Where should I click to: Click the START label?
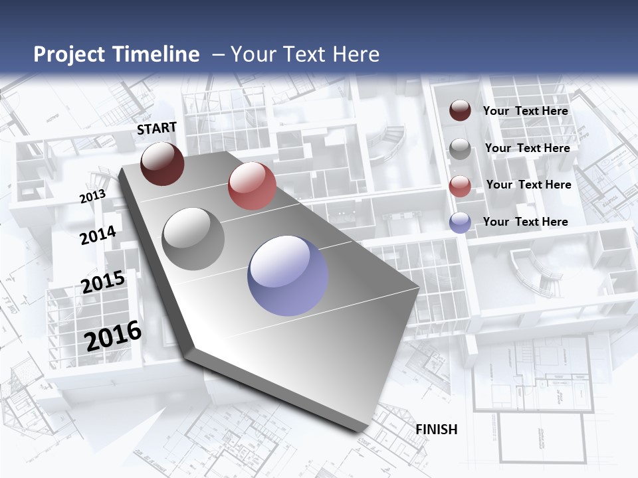pyautogui.click(x=157, y=128)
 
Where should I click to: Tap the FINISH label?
pyautogui.click(x=437, y=430)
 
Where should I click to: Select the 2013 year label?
pyautogui.click(x=92, y=197)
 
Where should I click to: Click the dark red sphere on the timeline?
pyautogui.click(x=162, y=163)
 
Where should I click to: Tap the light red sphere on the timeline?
pyautogui.click(x=252, y=186)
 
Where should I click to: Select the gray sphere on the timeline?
pyautogui.click(x=193, y=239)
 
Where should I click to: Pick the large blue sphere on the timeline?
pyautogui.click(x=288, y=276)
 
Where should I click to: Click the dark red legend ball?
pyautogui.click(x=460, y=111)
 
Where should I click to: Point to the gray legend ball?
pyautogui.click(x=460, y=149)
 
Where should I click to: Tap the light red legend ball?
pyautogui.click(x=460, y=186)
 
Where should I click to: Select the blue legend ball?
pyautogui.click(x=460, y=222)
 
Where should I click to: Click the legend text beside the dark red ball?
pyautogui.click(x=526, y=111)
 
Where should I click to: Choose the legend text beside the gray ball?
pyautogui.click(x=527, y=148)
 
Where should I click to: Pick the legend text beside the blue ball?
pyautogui.click(x=526, y=222)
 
